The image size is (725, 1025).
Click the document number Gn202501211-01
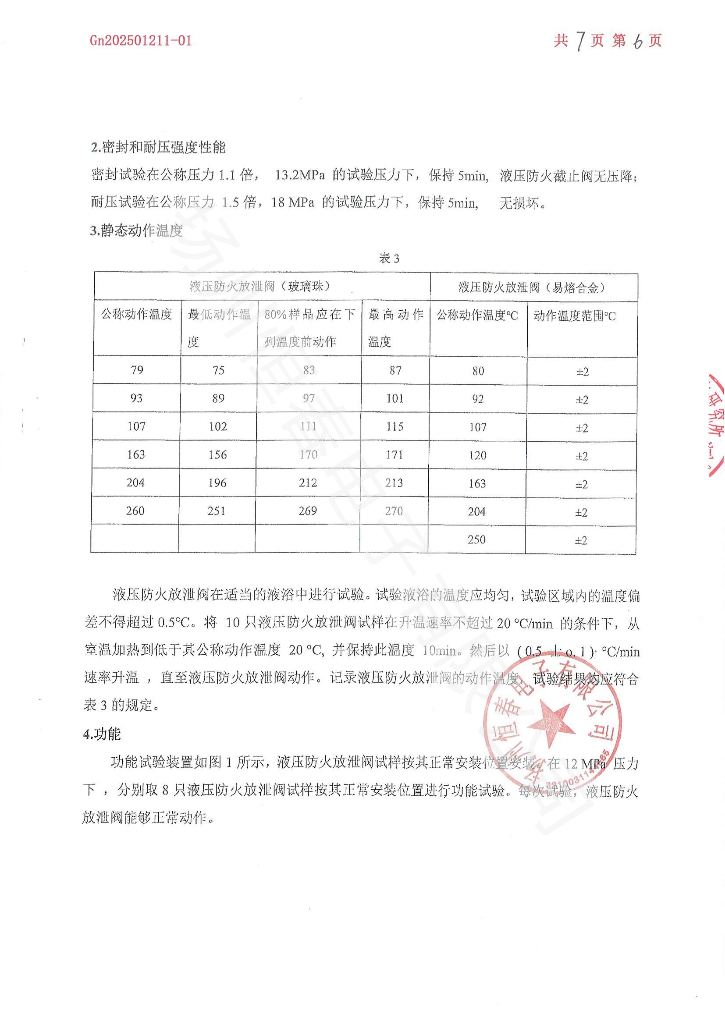point(141,41)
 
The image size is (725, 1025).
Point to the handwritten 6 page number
point(637,42)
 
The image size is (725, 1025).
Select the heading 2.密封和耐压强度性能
point(159,147)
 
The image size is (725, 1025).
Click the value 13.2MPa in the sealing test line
point(299,175)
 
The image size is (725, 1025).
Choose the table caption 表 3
point(389,258)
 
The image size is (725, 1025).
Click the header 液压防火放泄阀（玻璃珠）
point(260,286)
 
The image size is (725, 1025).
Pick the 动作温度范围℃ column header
point(575,316)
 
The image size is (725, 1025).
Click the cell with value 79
point(137,370)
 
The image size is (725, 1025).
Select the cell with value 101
point(394,398)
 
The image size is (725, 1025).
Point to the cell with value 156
point(217,454)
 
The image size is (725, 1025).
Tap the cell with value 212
point(308,482)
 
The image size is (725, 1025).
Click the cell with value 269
point(308,511)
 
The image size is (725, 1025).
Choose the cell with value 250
point(476,539)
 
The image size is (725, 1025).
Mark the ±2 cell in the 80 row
point(582,372)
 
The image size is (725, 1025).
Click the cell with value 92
point(478,399)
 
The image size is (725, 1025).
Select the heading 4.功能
point(102,734)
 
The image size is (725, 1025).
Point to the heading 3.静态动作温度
point(137,231)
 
